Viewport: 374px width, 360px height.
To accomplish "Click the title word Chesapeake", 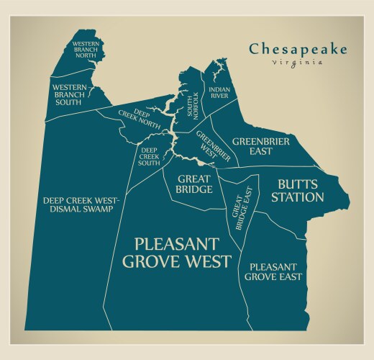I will click(x=298, y=49).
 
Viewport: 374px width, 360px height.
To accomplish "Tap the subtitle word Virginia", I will click(x=297, y=63).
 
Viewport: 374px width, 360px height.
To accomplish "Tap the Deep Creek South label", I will click(x=149, y=156).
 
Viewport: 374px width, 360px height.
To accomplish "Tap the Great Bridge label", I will click(x=194, y=184).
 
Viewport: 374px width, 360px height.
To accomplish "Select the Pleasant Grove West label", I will click(x=176, y=252).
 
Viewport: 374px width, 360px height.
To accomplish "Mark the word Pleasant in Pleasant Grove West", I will click(x=176, y=243).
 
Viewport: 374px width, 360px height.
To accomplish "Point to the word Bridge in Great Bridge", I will click(x=194, y=189).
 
